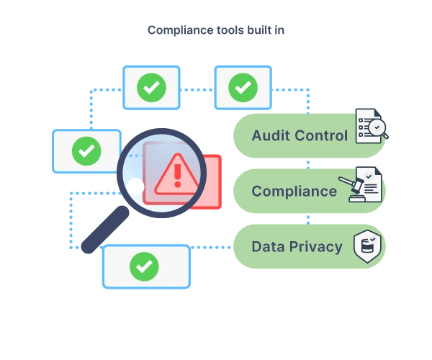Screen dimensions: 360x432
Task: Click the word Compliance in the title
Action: click(178, 30)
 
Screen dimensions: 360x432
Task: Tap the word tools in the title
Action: click(229, 30)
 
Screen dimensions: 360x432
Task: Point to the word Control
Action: click(321, 135)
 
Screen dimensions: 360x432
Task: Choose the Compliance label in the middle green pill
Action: click(294, 191)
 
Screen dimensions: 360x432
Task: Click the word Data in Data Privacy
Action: click(268, 246)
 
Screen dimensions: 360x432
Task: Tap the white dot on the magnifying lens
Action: click(135, 187)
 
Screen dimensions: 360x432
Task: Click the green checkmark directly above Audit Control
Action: click(243, 88)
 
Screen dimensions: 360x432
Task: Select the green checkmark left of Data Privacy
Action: click(145, 266)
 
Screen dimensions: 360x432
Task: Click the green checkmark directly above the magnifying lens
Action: click(151, 88)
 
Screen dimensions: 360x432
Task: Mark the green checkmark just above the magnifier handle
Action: click(86, 151)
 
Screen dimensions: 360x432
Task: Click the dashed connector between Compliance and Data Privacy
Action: click(307, 218)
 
